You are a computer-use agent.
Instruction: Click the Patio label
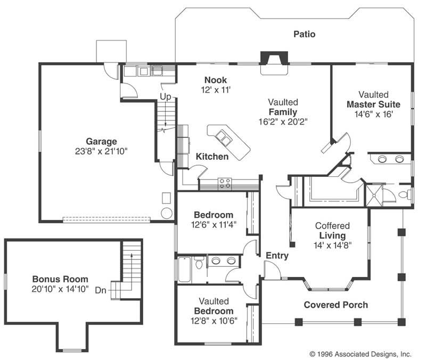click(304, 34)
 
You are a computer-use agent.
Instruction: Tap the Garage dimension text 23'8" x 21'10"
click(102, 151)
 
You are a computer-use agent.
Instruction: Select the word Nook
click(215, 80)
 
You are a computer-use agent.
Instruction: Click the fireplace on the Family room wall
click(274, 59)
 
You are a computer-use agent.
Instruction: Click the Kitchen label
click(212, 157)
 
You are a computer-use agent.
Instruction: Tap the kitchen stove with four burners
click(225, 184)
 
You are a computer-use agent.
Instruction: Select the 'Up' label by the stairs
click(166, 97)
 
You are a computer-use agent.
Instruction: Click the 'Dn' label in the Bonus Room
click(101, 290)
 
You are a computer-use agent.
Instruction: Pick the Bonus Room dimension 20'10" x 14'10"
click(60, 289)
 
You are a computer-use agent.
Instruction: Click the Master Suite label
click(373, 104)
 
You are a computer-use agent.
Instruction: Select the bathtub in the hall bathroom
click(184, 269)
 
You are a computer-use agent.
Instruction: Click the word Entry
click(277, 256)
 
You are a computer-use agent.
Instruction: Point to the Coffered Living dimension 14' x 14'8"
click(333, 245)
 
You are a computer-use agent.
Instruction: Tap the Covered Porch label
click(335, 305)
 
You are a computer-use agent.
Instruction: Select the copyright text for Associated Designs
click(360, 353)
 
